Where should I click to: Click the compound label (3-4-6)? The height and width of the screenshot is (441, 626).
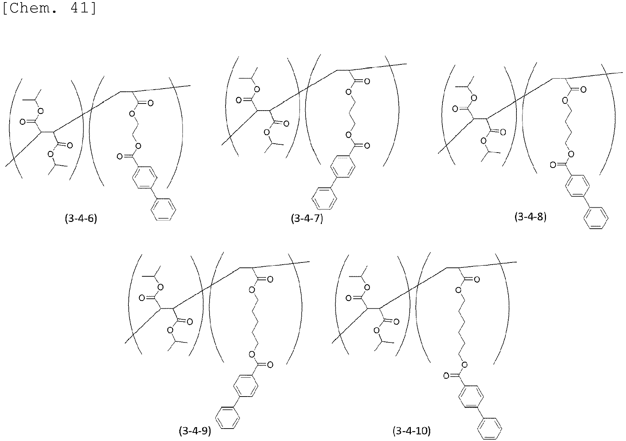81,218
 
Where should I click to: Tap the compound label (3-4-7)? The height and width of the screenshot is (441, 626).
307,218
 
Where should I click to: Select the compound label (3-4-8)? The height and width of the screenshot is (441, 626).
530,217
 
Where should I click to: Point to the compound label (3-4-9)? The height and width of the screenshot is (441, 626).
195,431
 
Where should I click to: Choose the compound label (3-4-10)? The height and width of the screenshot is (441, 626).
412,431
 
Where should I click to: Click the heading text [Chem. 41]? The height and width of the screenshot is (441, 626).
49,8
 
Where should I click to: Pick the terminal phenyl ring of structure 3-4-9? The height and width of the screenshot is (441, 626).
228,418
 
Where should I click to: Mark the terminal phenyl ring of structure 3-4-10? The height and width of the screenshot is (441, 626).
489,429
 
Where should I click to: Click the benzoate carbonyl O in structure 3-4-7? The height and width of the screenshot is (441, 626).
367,145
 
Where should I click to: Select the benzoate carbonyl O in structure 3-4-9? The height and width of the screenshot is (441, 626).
270,365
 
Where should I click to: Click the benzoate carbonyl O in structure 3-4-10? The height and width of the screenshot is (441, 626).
446,376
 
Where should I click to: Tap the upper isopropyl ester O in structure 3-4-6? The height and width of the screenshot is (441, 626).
41,111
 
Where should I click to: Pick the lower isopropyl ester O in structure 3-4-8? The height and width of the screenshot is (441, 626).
484,141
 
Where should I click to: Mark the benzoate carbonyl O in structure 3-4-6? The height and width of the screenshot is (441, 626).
120,156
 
